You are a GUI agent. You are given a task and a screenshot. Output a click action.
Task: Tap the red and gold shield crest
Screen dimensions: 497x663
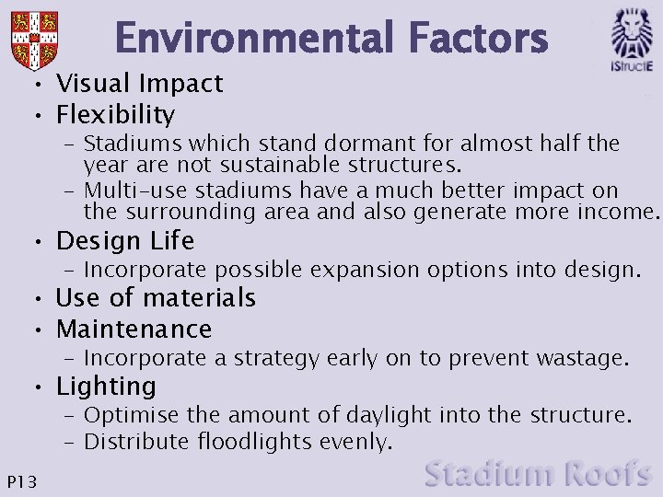tap(35, 38)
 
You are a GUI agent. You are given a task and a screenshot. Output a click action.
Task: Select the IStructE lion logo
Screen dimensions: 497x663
tap(632, 39)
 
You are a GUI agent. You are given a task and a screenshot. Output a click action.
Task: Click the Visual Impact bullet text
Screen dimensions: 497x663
tap(139, 84)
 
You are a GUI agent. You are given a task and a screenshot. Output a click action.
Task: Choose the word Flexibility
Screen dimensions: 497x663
tap(115, 115)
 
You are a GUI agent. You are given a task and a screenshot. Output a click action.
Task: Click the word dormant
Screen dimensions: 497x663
tap(300, 144)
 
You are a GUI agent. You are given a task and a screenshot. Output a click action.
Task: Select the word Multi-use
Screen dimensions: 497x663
tap(129, 191)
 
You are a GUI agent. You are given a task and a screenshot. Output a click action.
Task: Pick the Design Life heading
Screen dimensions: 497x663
tap(125, 241)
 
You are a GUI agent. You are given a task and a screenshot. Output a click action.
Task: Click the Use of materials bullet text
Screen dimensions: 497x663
tap(156, 298)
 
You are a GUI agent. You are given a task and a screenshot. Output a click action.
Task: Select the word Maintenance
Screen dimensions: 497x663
tap(134, 329)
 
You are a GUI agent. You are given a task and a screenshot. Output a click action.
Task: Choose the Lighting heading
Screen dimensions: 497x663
tap(106, 386)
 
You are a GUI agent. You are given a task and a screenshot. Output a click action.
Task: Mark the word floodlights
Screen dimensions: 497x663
tap(255, 442)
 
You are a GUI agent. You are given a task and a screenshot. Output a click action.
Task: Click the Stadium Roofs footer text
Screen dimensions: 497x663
tap(539, 474)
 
